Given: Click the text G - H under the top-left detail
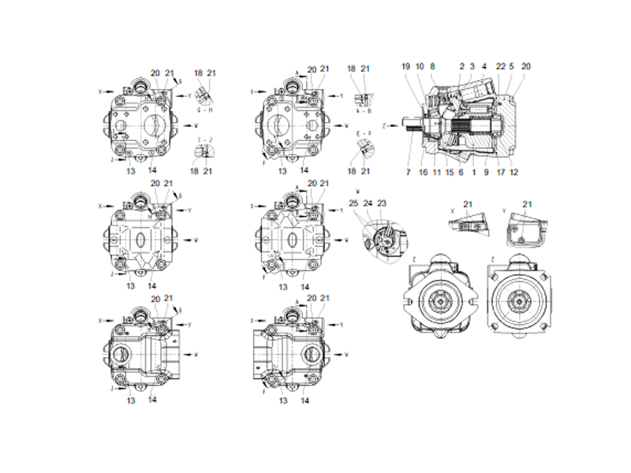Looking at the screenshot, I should point(203,111).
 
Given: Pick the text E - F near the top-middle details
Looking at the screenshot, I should point(364,132).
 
